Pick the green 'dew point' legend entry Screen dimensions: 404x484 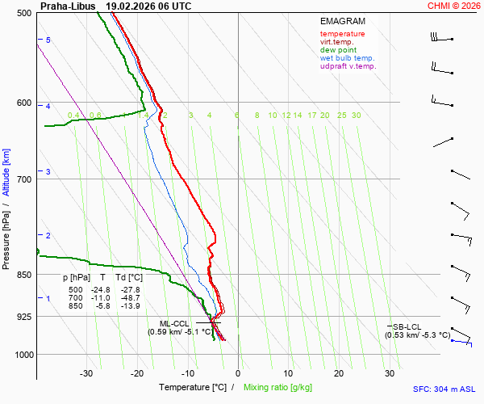coord(338,50)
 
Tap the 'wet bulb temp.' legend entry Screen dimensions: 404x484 coord(347,58)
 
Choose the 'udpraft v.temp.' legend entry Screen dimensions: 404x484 coord(348,66)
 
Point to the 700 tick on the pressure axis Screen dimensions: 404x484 coord(23,179)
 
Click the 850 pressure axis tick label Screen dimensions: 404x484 coord(23,275)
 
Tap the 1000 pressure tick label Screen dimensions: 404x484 coord(22,355)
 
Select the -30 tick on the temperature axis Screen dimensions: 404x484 coord(86,373)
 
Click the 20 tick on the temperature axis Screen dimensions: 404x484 coord(339,373)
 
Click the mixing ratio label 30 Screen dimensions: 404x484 coord(356,116)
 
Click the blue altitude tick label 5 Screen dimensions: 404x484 coord(48,40)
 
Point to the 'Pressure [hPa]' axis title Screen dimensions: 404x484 coord(6,234)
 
